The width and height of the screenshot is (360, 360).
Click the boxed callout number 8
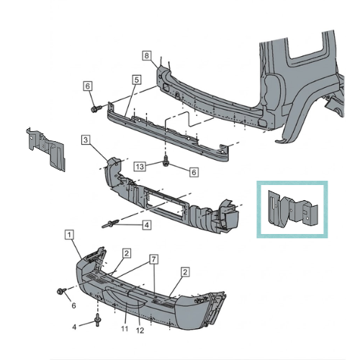(x=145, y=55)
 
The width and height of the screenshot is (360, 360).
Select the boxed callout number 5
(x=136, y=81)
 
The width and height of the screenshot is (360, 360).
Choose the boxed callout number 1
(x=68, y=234)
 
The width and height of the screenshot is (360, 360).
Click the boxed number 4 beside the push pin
(x=146, y=225)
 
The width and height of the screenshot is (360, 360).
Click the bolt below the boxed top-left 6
(x=95, y=109)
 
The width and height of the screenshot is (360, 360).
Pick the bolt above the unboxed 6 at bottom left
(x=60, y=292)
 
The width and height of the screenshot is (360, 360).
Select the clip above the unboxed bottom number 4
(x=97, y=319)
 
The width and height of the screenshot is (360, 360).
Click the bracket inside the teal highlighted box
(x=292, y=209)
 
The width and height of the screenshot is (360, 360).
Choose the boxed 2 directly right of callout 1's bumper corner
(x=125, y=253)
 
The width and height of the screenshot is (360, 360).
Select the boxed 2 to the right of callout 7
(x=184, y=271)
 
